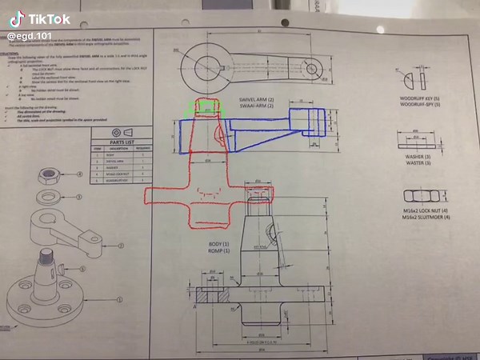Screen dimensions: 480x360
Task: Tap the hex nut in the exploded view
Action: (x=48, y=174)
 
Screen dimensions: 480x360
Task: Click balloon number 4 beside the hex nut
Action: (x=80, y=174)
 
